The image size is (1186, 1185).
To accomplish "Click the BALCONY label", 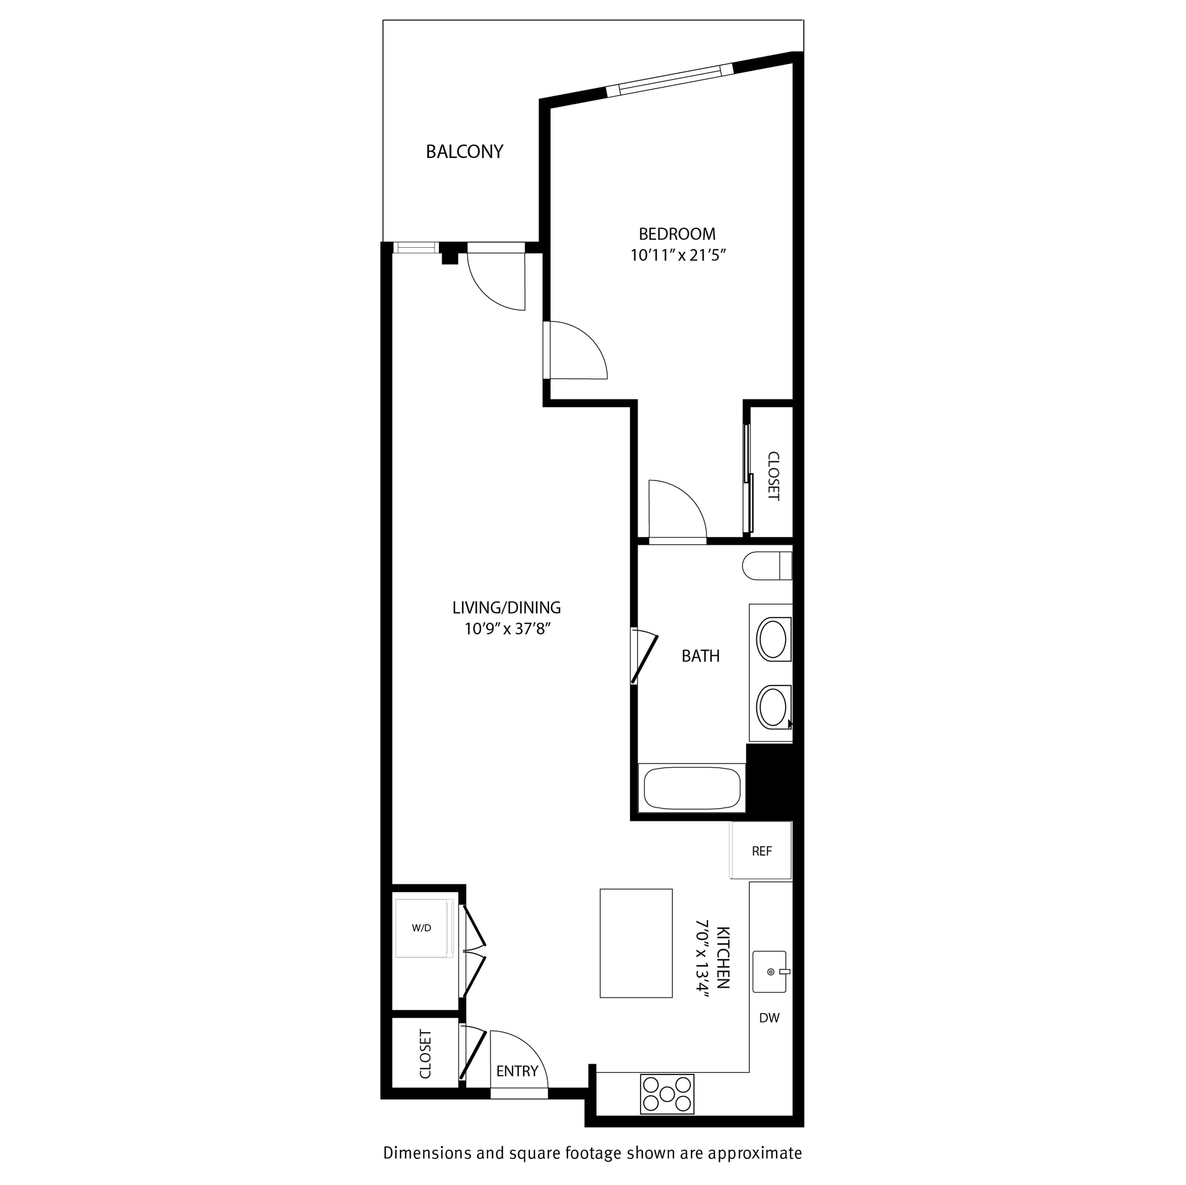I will click(x=464, y=152).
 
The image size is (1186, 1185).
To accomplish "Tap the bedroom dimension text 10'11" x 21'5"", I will click(x=678, y=255).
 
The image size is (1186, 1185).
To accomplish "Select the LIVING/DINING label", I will click(x=507, y=607).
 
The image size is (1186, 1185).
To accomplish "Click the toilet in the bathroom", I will click(x=766, y=566).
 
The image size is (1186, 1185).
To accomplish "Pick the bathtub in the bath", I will click(x=691, y=788).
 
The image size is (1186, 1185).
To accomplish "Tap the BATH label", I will click(x=701, y=656).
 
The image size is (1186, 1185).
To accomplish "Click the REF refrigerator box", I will click(x=760, y=851).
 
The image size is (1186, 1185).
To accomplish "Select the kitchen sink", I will click(x=770, y=972).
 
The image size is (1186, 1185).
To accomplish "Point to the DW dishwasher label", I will click(x=769, y=1018).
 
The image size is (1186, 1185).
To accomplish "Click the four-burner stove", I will click(x=667, y=1094).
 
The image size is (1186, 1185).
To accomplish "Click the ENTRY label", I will click(x=517, y=1072).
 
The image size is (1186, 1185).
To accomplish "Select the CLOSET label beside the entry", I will click(x=426, y=1054).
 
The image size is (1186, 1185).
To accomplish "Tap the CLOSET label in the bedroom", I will click(x=774, y=476).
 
